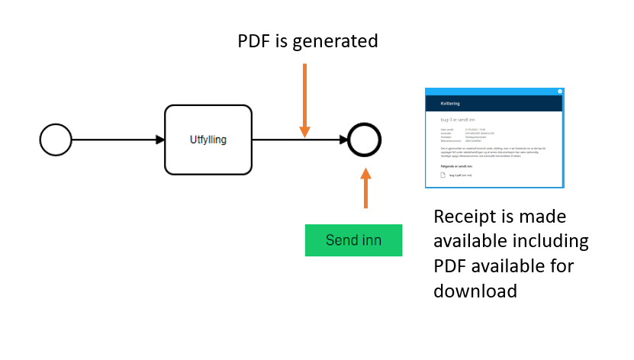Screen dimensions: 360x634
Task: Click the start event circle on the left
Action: (56, 140)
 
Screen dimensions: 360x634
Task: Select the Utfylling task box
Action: (208, 140)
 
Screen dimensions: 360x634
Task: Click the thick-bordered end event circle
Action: (364, 140)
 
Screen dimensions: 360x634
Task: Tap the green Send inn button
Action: (353, 240)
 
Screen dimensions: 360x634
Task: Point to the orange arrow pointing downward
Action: (304, 100)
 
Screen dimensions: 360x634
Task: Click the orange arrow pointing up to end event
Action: (365, 188)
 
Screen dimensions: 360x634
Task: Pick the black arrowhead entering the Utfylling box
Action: (159, 140)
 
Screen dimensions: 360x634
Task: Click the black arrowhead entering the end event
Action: (343, 140)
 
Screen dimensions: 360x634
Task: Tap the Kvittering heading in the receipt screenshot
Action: (450, 103)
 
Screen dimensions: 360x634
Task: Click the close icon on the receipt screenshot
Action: (559, 92)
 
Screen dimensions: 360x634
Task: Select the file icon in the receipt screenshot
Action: (443, 175)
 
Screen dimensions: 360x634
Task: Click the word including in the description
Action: (549, 241)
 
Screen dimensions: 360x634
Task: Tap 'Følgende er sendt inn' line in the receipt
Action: (459, 164)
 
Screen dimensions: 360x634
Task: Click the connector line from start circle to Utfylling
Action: (114, 140)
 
